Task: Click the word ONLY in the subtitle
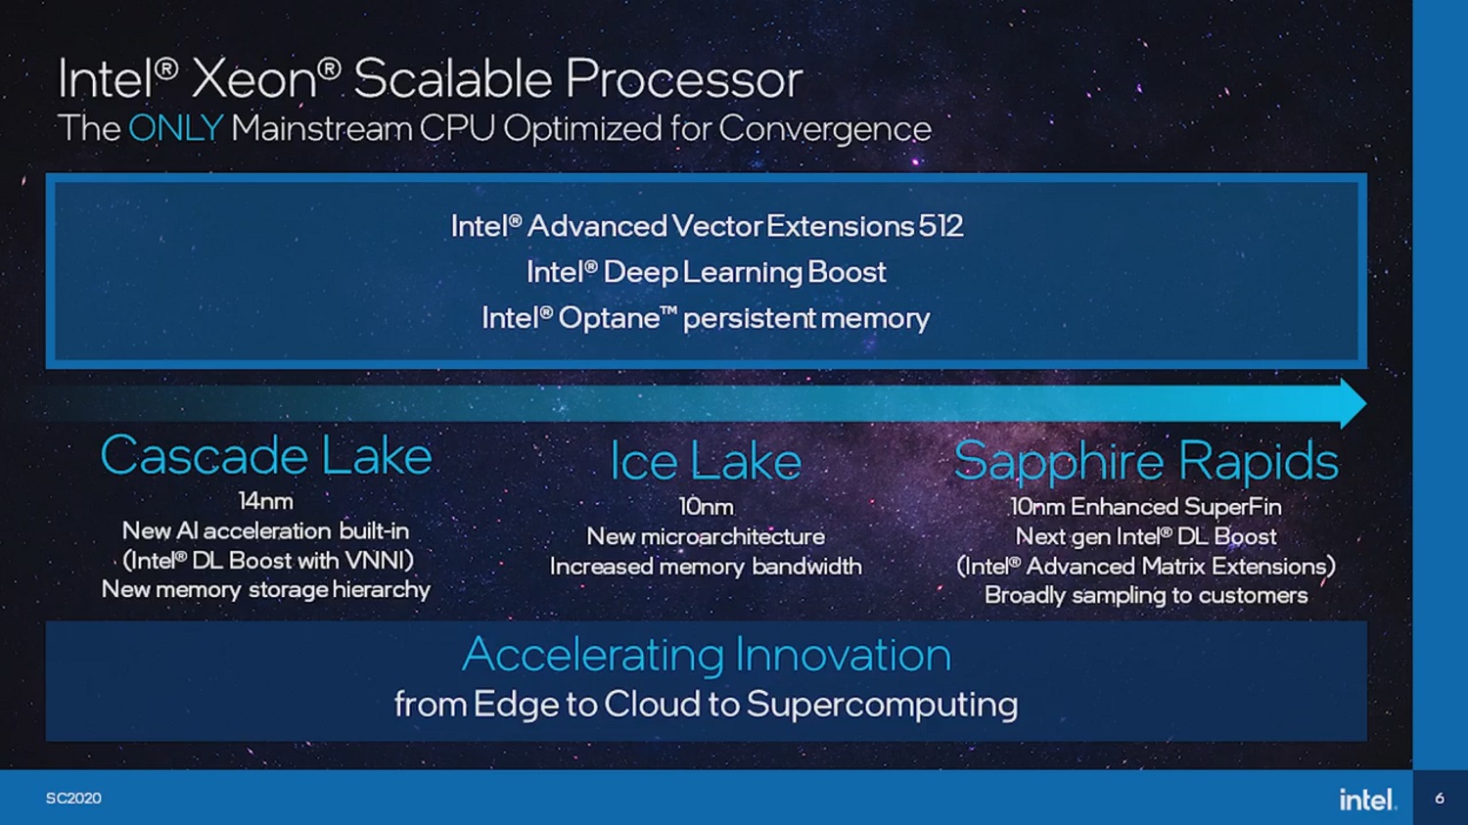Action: click(x=176, y=129)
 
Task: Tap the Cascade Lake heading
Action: click(x=266, y=456)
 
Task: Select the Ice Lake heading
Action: click(x=706, y=461)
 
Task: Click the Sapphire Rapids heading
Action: click(x=1146, y=461)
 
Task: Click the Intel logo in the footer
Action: click(x=1366, y=800)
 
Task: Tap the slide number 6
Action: click(x=1440, y=799)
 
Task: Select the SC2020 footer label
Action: click(x=73, y=799)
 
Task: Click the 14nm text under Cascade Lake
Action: click(x=265, y=501)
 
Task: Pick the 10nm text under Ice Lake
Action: click(x=706, y=507)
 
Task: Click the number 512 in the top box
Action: click(x=940, y=227)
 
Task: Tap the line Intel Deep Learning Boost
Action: click(x=706, y=272)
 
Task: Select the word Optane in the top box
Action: click(x=609, y=319)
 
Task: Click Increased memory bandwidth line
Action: click(x=706, y=567)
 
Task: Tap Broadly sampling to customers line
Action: click(x=1146, y=596)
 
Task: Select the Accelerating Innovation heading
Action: click(x=706, y=655)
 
